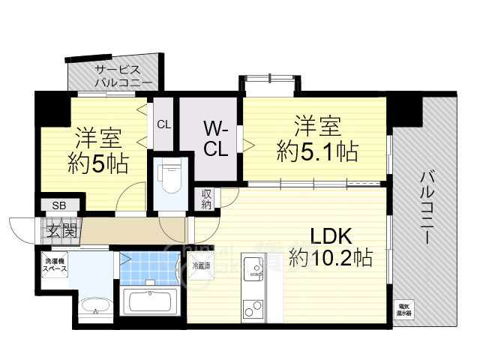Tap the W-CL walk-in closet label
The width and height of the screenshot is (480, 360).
coord(216,139)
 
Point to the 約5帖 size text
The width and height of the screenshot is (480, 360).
coord(97,160)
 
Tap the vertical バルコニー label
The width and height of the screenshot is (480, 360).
coord(424,207)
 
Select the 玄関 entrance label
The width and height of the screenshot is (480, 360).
coord(61,230)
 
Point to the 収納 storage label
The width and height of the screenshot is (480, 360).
coord(207,199)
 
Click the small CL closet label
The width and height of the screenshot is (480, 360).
coord(163,124)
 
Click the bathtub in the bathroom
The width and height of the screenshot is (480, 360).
coord(151,302)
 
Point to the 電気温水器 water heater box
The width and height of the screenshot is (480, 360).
coord(404,308)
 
